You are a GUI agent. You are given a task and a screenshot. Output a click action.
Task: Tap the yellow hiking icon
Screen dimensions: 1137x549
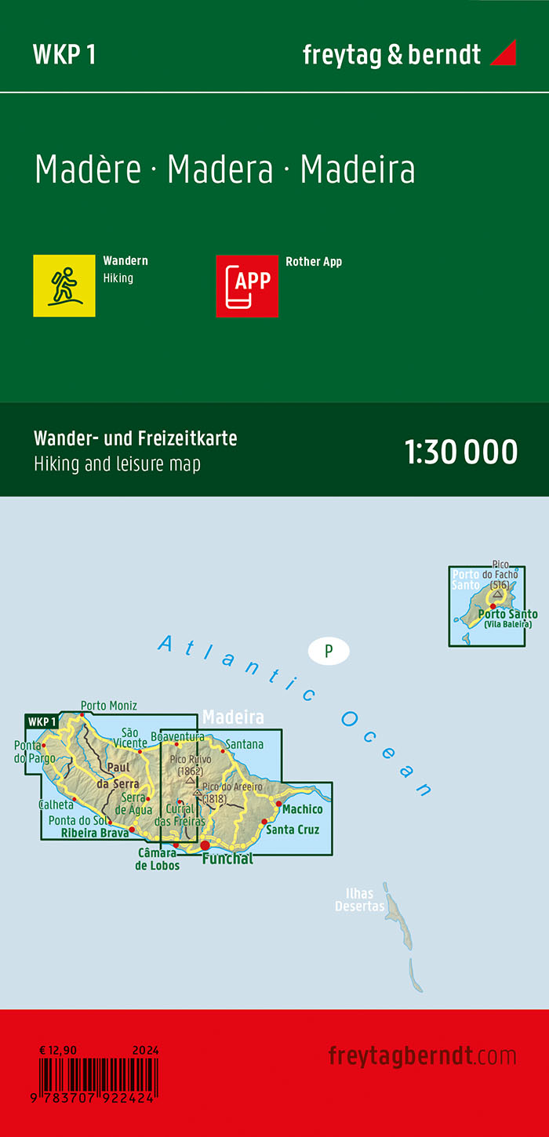64,286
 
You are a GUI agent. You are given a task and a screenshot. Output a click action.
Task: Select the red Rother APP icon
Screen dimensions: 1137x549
247,286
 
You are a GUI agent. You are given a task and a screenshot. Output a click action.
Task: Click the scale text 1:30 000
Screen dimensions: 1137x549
461,452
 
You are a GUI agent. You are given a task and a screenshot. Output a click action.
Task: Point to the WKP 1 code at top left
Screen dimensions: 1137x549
64,54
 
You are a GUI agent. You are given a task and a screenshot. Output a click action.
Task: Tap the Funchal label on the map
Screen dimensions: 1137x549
227,859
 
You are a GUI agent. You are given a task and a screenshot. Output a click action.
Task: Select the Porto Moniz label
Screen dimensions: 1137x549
109,704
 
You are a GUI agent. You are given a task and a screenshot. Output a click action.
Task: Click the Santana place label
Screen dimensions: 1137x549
244,744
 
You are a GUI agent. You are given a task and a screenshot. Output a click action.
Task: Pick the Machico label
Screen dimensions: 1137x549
303,809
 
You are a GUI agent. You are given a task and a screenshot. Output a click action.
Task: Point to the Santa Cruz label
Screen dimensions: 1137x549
293,829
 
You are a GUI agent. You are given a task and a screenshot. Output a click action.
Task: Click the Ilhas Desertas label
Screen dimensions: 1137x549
360,899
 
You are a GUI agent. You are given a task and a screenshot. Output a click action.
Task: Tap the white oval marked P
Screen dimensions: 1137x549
329,650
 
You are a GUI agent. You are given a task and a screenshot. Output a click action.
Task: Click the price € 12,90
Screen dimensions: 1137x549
57,1049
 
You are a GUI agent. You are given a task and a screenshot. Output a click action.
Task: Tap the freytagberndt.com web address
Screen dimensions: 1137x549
422,1055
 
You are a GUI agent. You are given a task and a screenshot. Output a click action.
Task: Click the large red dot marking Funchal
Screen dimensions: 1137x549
205,845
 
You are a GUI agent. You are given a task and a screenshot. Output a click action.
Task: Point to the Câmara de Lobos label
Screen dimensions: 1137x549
157,859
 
